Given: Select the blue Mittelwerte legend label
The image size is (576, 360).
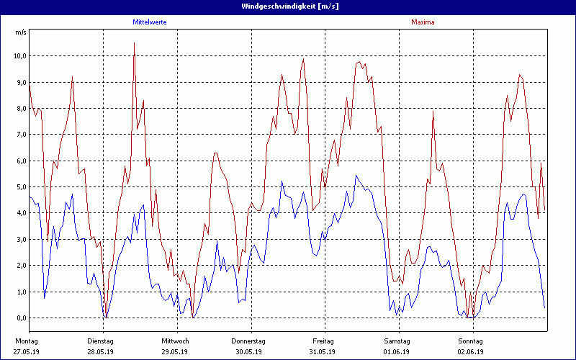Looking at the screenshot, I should tap(150, 22).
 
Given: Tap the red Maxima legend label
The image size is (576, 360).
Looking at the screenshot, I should tap(423, 22).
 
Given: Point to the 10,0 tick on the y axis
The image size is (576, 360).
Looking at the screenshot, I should tap(19, 55).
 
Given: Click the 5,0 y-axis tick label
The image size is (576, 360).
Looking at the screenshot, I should tap(21, 186).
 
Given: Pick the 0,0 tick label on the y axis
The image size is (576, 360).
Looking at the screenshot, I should tap(21, 318).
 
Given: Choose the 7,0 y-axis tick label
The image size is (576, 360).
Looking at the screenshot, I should tap(21, 134).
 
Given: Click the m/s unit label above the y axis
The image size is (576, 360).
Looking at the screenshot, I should tap(20, 32).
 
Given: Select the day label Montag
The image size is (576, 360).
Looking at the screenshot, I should tap(26, 341).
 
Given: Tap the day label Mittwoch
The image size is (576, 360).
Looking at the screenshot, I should tap(175, 341).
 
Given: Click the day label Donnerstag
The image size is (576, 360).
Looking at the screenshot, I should tap(248, 341).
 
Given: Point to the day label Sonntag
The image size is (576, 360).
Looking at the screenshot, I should tap(471, 341).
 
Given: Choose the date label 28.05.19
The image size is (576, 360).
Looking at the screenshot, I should tap(101, 352).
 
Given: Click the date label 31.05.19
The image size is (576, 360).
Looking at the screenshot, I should tap(323, 352).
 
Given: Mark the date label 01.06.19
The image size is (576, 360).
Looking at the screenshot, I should tap(397, 352).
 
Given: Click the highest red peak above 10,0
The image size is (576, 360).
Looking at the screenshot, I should tap(134, 43).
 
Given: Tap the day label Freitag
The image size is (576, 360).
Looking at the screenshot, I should tap(323, 341).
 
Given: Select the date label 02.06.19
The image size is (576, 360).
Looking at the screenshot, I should tap(471, 352).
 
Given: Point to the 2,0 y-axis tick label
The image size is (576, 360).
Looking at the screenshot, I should tap(21, 265).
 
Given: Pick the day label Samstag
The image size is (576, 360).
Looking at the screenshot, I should tap(397, 341).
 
